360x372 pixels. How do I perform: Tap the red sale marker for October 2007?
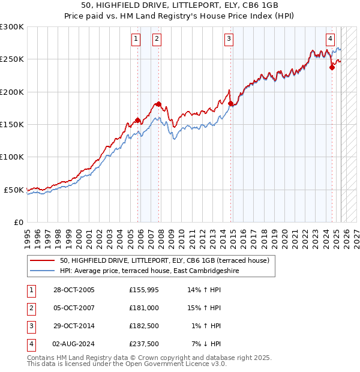(x=158, y=104)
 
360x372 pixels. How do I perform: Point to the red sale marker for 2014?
(x=231, y=103)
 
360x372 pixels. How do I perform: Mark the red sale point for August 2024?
(x=332, y=68)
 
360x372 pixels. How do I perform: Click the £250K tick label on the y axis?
(x=12, y=59)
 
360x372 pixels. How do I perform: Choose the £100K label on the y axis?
(x=12, y=157)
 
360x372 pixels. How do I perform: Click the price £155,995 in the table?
(x=143, y=290)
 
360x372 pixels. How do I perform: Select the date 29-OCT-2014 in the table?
(x=73, y=326)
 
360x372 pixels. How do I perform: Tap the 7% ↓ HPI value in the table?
(x=206, y=344)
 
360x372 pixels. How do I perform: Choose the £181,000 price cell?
(x=143, y=308)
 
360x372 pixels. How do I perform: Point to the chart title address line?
(x=179, y=5)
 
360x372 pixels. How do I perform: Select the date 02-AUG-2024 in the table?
(x=73, y=344)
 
